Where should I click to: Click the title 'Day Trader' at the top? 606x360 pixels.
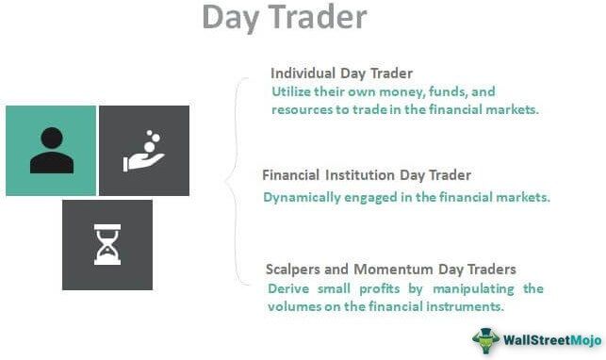[286, 19]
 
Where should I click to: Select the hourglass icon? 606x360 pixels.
[106, 245]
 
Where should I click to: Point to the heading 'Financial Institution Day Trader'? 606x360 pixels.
[367, 175]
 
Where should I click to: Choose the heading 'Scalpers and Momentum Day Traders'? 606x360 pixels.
[391, 270]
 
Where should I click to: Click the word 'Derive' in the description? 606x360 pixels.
[288, 287]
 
